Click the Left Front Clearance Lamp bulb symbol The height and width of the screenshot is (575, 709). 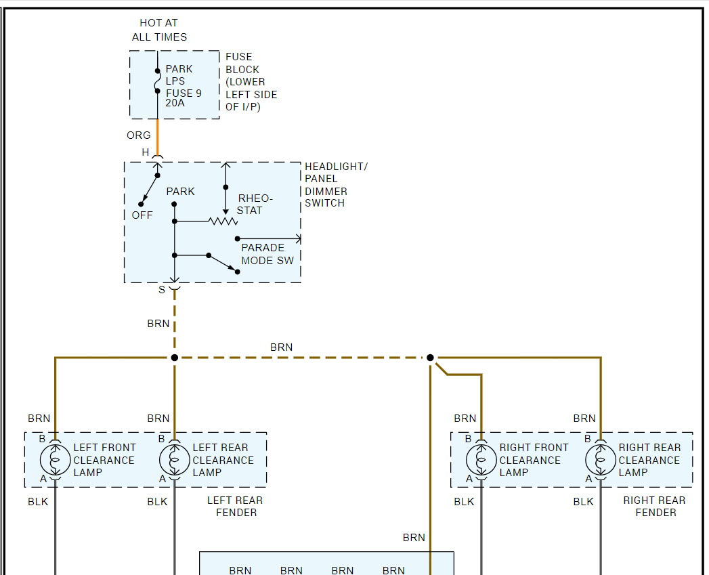55,460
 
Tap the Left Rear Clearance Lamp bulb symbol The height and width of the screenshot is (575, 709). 174,460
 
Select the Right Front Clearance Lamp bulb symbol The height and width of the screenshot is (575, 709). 481,460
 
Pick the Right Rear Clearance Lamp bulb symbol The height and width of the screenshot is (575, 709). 601,460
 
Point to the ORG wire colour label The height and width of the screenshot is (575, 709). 139,135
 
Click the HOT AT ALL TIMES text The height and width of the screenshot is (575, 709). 160,30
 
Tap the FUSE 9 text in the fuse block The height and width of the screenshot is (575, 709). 184,93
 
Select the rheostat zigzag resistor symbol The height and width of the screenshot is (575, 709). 223,221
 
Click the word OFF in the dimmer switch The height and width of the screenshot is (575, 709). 142,215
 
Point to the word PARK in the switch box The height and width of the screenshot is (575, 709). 181,192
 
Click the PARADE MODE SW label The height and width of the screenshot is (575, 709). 267,254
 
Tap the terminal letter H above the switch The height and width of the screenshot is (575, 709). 146,152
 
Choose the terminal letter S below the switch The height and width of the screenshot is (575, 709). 162,290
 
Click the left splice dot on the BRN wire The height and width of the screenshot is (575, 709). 174,358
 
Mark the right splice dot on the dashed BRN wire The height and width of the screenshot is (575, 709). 430,358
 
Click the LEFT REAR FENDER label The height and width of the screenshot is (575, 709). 236,507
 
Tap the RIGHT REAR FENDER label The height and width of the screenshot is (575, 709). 655,507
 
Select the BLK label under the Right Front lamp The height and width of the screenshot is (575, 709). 465,502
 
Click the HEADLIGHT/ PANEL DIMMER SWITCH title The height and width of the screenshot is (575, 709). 336,185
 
